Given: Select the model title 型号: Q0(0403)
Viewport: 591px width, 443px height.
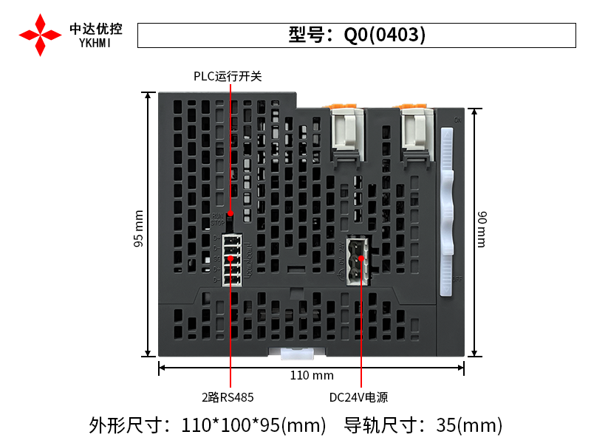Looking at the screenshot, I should pyautogui.click(x=357, y=35).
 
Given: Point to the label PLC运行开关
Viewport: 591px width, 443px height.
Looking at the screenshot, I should pyautogui.click(x=228, y=76).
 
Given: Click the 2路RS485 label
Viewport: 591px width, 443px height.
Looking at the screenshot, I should pyautogui.click(x=228, y=397).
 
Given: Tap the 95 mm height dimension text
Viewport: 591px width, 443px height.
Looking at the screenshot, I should pyautogui.click(x=139, y=230).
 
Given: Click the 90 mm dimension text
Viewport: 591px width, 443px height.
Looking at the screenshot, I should pyautogui.click(x=481, y=229).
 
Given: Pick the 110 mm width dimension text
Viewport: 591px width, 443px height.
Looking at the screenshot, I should pyautogui.click(x=312, y=375).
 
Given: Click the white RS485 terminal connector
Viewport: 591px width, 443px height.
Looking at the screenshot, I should pyautogui.click(x=230, y=259).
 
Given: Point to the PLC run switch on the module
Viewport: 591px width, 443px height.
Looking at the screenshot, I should pyautogui.click(x=230, y=217).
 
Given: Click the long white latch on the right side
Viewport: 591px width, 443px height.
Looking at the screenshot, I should pyautogui.click(x=447, y=210).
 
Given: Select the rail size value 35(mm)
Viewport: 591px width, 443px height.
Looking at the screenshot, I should pyautogui.click(x=470, y=425).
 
